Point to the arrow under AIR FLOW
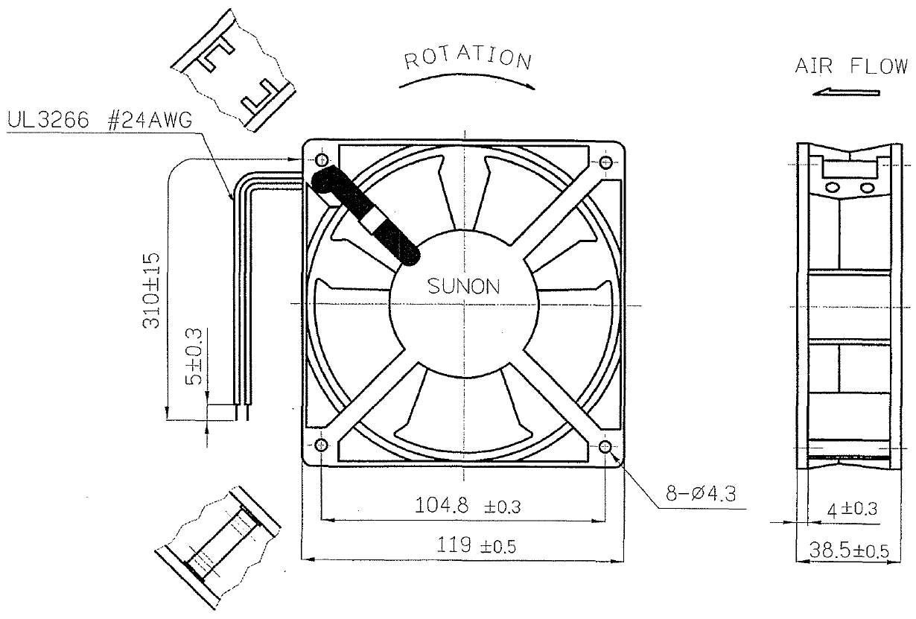pyautogui.click(x=846, y=92)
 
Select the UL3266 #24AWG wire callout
pyautogui.click(x=98, y=121)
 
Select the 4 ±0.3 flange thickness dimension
pyautogui.click(x=853, y=510)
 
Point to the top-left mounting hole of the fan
pyautogui.click(x=322, y=159)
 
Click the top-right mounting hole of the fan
pyautogui.click(x=605, y=161)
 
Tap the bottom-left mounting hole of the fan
pyautogui.click(x=322, y=445)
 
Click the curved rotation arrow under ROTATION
pyautogui.click(x=467, y=83)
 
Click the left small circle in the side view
pyautogui.click(x=832, y=187)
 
